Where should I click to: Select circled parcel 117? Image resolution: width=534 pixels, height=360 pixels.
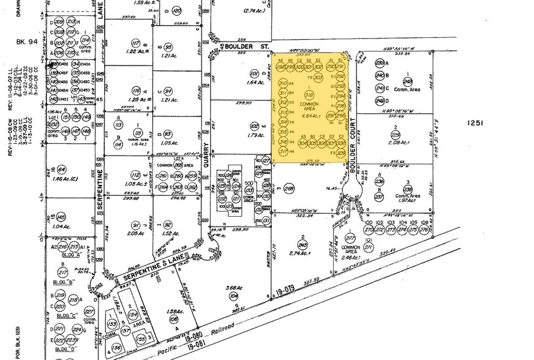(x=136, y=43)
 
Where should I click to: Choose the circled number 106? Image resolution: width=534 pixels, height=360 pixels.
(x=173, y=319)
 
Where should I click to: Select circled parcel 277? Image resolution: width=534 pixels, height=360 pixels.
(x=351, y=238)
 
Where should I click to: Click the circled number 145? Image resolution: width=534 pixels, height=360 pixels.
(x=61, y=218)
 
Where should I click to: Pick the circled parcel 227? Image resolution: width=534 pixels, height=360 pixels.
(x=89, y=312)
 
